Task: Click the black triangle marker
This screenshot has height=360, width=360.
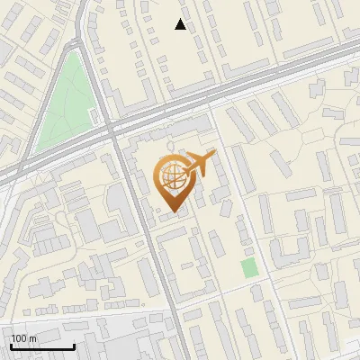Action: (181, 24)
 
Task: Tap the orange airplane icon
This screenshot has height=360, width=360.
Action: (199, 165)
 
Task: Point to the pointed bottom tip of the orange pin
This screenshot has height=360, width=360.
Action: (172, 211)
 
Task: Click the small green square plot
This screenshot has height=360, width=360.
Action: (249, 267)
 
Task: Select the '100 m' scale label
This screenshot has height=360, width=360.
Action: (23, 338)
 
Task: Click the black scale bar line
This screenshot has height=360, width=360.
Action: (42, 346)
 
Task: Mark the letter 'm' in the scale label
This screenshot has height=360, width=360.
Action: (32, 338)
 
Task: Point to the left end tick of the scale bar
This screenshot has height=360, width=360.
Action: (11, 345)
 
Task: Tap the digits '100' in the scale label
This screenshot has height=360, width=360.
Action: (19, 338)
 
